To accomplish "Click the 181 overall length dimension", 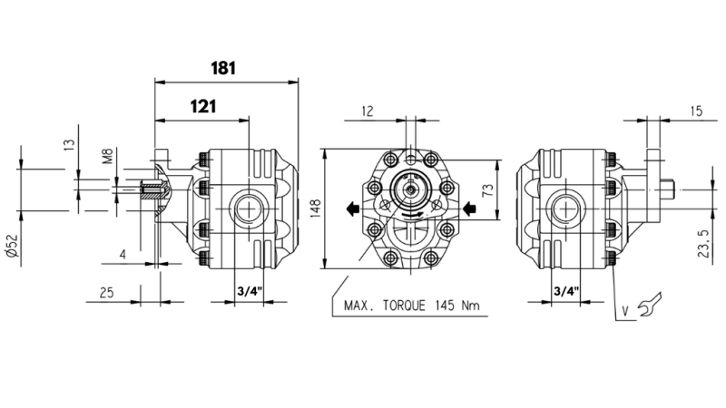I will tap(224, 68).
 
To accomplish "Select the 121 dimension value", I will tap(202, 106).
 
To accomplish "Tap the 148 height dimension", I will tap(312, 209).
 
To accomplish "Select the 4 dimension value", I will tap(123, 255).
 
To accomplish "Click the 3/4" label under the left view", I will tap(248, 293).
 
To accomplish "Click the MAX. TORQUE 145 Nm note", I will tap(411, 306).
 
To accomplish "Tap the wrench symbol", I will tap(651, 306).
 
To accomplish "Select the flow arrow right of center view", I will tap(469, 209).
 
